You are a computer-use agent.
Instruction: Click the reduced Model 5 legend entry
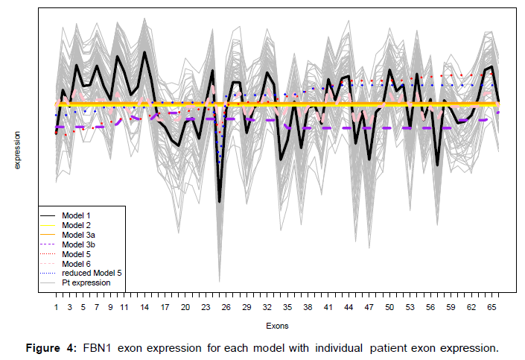[x=92, y=274]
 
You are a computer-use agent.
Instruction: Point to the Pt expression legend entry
[x=86, y=283]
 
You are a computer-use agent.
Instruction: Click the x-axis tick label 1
[x=56, y=307]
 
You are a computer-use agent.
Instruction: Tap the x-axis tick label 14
[x=144, y=307]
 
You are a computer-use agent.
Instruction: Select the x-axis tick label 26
[x=226, y=307]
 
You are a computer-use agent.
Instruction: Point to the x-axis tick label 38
[x=308, y=307]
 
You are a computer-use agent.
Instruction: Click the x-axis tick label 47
[x=369, y=307]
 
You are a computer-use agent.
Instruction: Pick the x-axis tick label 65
[x=491, y=307]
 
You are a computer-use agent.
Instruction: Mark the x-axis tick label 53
[x=410, y=307]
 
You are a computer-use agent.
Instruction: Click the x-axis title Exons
[x=277, y=326]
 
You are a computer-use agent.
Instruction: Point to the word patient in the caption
[x=402, y=348]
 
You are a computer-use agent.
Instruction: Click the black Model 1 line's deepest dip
[x=220, y=201]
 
